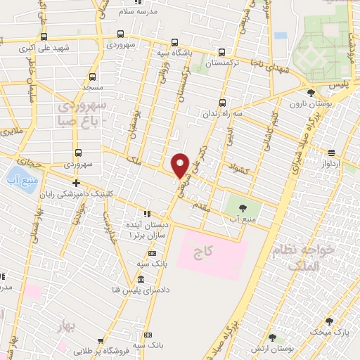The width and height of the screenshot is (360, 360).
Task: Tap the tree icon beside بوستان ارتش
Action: coord(272,338)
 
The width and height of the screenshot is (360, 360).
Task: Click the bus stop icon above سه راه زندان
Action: coord(223,101)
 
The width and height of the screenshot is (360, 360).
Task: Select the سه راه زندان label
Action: coord(224,113)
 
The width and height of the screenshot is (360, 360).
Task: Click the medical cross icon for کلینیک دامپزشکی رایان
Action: coord(76,182)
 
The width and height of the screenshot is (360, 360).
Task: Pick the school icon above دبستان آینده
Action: coord(147,214)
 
